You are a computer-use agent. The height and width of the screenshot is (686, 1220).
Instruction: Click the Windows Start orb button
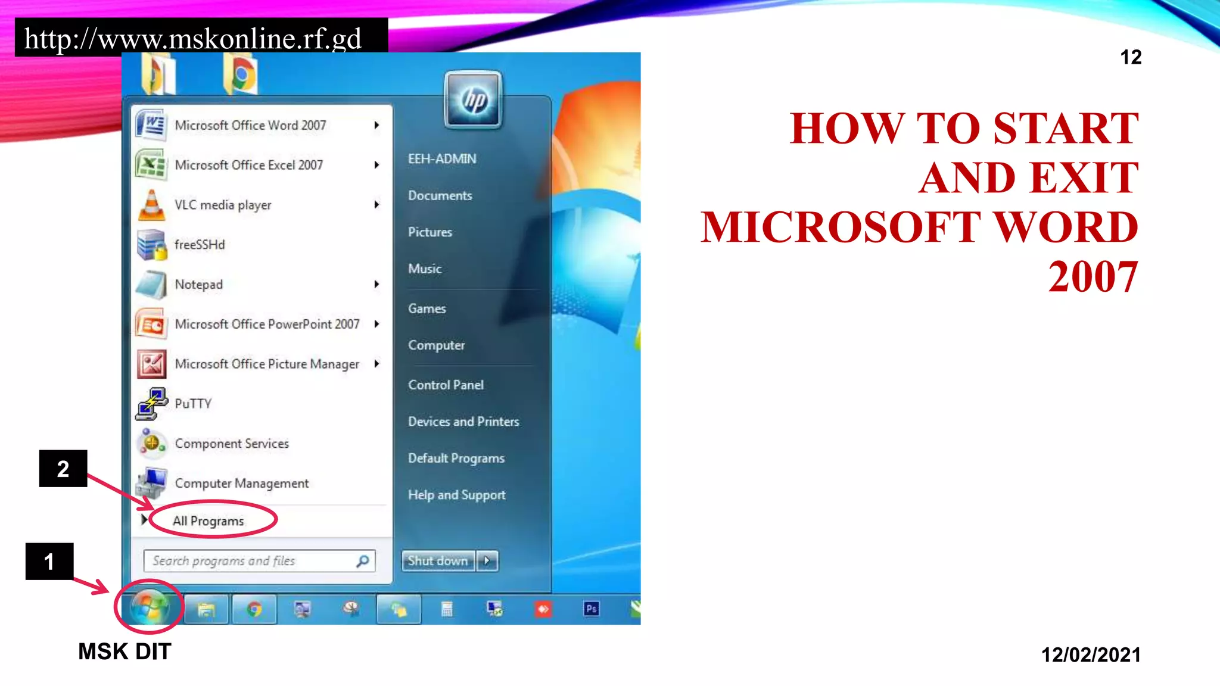point(149,607)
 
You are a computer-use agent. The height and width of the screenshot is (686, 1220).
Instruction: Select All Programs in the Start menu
point(208,521)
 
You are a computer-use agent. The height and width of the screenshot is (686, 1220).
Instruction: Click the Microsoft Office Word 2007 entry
point(250,126)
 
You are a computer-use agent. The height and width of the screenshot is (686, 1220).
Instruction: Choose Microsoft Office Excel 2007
point(248,165)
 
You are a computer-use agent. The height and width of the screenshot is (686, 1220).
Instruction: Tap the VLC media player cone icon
point(151,205)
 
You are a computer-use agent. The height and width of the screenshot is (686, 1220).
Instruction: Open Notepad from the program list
point(198,285)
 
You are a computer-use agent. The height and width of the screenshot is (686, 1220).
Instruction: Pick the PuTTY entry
point(193,404)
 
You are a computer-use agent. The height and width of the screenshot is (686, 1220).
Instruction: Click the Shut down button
point(438,561)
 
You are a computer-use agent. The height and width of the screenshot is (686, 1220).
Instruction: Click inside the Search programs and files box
point(250,561)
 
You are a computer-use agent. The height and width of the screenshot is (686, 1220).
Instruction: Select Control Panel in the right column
point(446,385)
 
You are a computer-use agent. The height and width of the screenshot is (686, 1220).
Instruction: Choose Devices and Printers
point(463,422)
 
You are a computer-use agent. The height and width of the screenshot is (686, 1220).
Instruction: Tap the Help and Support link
point(456,495)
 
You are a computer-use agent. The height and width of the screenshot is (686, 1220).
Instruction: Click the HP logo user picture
point(474,99)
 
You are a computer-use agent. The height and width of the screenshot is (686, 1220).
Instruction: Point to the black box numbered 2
point(63,469)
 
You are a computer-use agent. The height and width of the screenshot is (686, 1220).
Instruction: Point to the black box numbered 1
point(49,561)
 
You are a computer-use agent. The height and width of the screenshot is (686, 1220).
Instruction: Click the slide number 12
point(1131,57)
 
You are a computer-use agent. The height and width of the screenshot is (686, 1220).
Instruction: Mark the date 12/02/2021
point(1091,655)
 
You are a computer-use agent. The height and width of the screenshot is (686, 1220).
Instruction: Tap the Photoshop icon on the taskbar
point(591,609)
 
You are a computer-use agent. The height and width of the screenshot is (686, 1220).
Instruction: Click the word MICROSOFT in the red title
point(840,227)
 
